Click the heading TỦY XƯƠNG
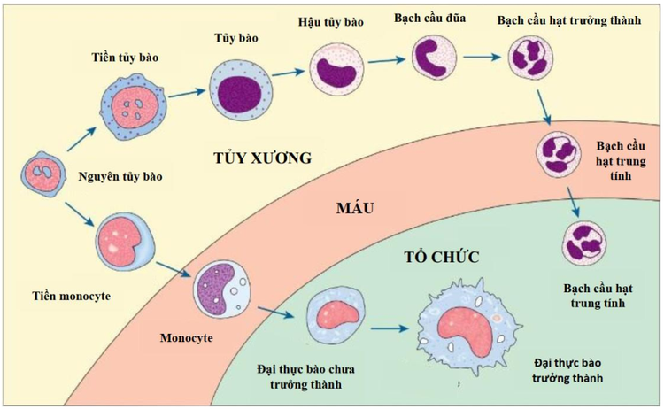264,159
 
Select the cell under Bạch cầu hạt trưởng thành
531,60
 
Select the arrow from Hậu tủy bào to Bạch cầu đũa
382,61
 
